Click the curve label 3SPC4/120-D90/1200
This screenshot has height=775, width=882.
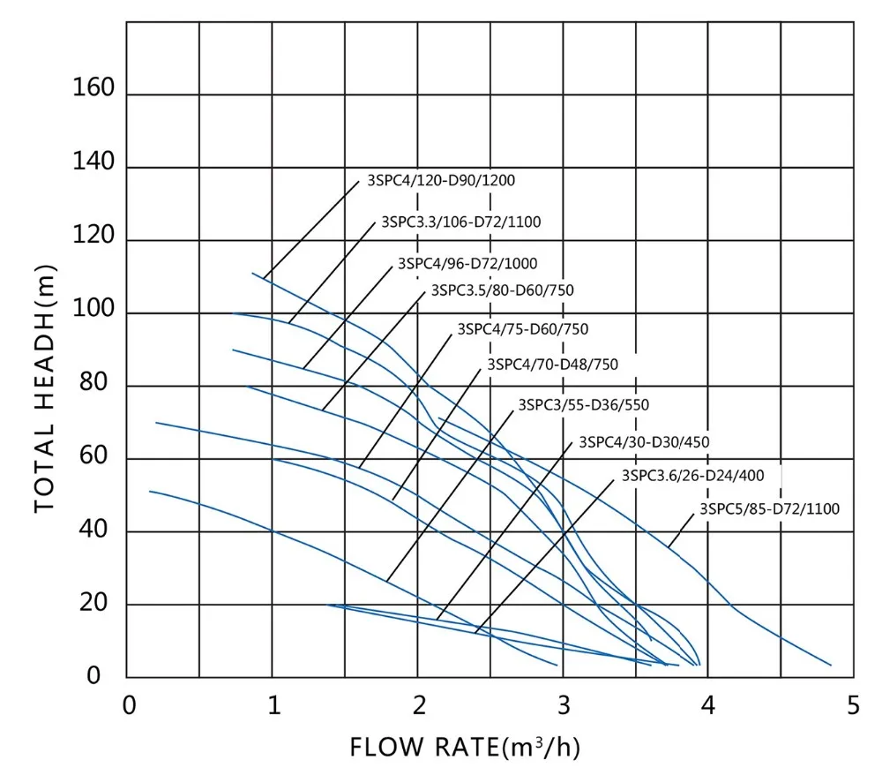440,181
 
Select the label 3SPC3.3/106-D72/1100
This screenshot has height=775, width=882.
460,222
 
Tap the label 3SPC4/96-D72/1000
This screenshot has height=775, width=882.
467,263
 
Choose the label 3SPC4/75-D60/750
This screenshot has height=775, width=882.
522,329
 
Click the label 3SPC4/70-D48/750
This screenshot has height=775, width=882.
552,364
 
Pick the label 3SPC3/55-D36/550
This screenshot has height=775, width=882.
583,405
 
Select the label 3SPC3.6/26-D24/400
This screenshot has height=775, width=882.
692,475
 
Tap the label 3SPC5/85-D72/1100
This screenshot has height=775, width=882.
769,508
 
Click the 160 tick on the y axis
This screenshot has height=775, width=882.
95,89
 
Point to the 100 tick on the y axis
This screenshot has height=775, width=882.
95,308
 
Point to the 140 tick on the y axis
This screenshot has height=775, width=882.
95,162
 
